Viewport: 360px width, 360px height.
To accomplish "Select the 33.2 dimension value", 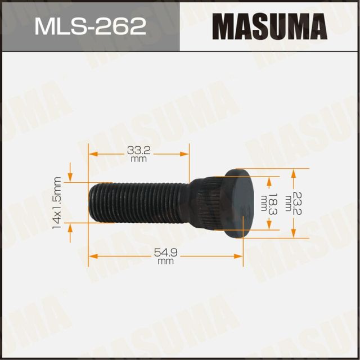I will tap(138, 151).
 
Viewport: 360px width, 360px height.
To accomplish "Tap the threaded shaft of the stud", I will tap(135, 202).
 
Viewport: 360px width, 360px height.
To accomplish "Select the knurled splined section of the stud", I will tap(209, 202).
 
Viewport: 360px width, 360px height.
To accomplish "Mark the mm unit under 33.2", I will tap(138, 160).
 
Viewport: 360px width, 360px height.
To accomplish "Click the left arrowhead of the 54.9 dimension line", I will tap(93, 256).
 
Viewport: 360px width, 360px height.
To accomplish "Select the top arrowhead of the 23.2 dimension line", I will tap(293, 171).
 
